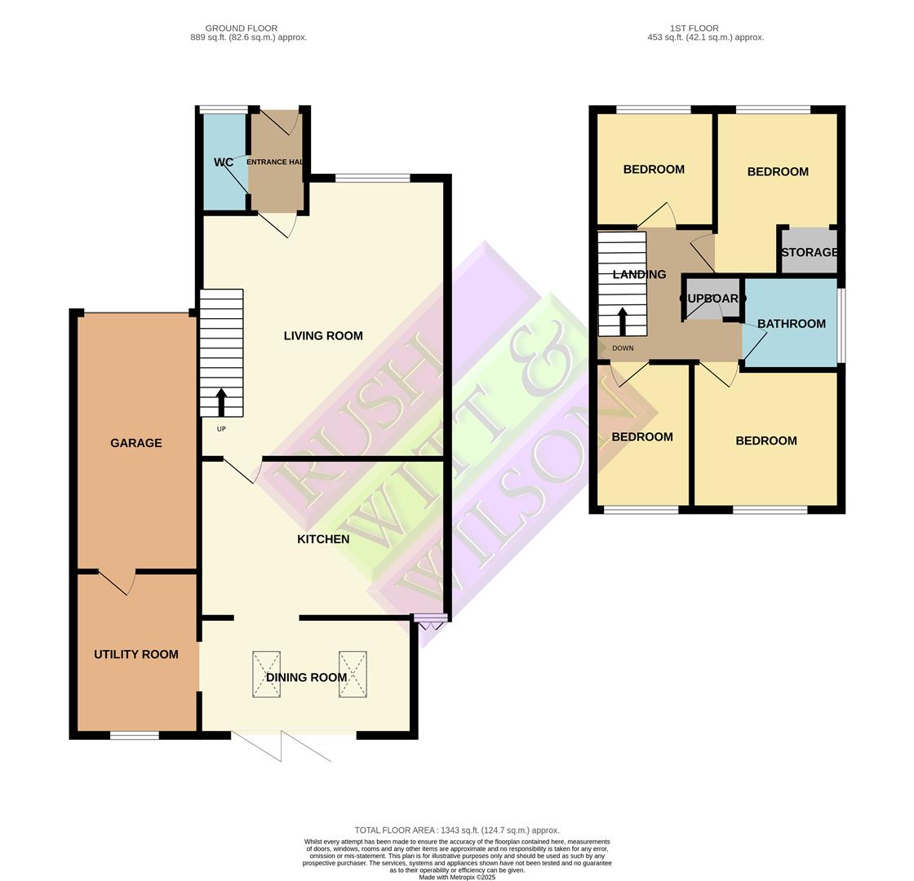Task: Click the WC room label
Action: [x=224, y=162]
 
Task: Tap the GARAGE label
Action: [x=136, y=443]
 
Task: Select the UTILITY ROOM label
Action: [x=136, y=654]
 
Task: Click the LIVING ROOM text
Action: [x=323, y=336]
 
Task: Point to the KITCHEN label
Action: [x=323, y=539]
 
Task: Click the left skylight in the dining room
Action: [x=266, y=674]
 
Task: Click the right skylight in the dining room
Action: [x=353, y=674]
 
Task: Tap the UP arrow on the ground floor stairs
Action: [x=221, y=402]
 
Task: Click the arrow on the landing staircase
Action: [x=623, y=321]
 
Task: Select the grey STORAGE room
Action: [x=809, y=252]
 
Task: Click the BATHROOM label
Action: [x=792, y=324]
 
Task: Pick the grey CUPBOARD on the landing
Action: [x=711, y=299]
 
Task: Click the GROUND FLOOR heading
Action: [x=242, y=29]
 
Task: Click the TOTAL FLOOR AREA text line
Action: [x=457, y=830]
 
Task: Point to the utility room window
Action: [x=135, y=736]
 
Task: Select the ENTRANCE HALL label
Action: [x=275, y=162]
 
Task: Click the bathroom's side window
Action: [x=841, y=324]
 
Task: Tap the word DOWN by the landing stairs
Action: [x=623, y=348]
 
